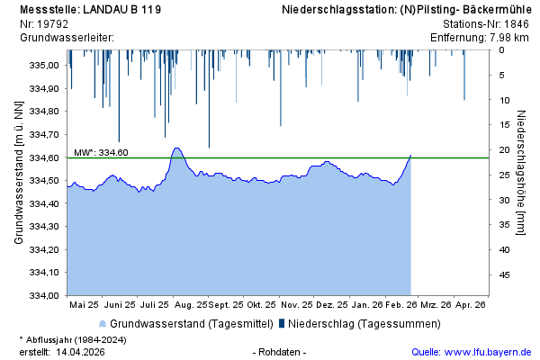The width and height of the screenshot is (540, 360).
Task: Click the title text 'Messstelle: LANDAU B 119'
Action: pos(90,10)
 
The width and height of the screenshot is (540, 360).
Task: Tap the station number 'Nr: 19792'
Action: pos(45,24)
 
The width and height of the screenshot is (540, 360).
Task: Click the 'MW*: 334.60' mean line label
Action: pos(101,152)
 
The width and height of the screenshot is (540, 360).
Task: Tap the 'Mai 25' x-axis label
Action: pos(84,305)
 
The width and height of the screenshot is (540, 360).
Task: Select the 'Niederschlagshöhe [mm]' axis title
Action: pos(522,174)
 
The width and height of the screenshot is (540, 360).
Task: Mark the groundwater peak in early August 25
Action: pos(176,148)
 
